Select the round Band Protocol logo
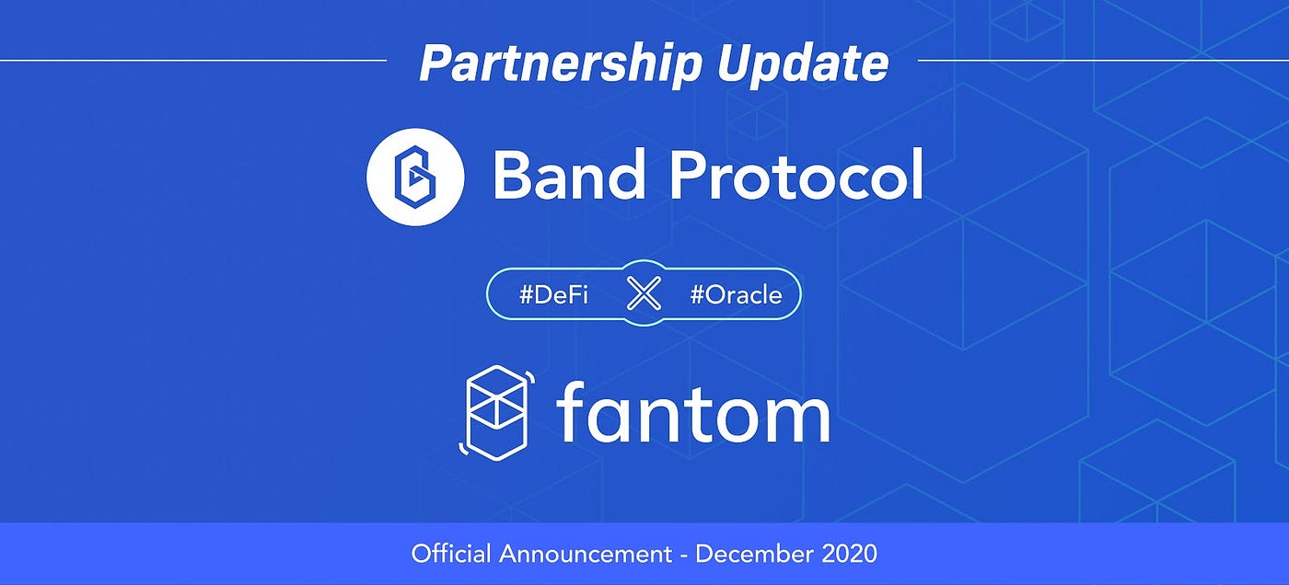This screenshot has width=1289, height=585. click(x=414, y=176)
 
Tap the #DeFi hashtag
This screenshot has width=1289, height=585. click(x=553, y=295)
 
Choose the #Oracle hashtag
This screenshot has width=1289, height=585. click(x=736, y=295)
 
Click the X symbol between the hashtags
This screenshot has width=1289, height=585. click(x=644, y=294)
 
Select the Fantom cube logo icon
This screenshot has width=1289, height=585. click(x=494, y=410)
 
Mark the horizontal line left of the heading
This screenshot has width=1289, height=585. click(x=193, y=61)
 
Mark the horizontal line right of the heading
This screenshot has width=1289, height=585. click(x=1103, y=61)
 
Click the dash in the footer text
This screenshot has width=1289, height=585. click(x=684, y=555)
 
